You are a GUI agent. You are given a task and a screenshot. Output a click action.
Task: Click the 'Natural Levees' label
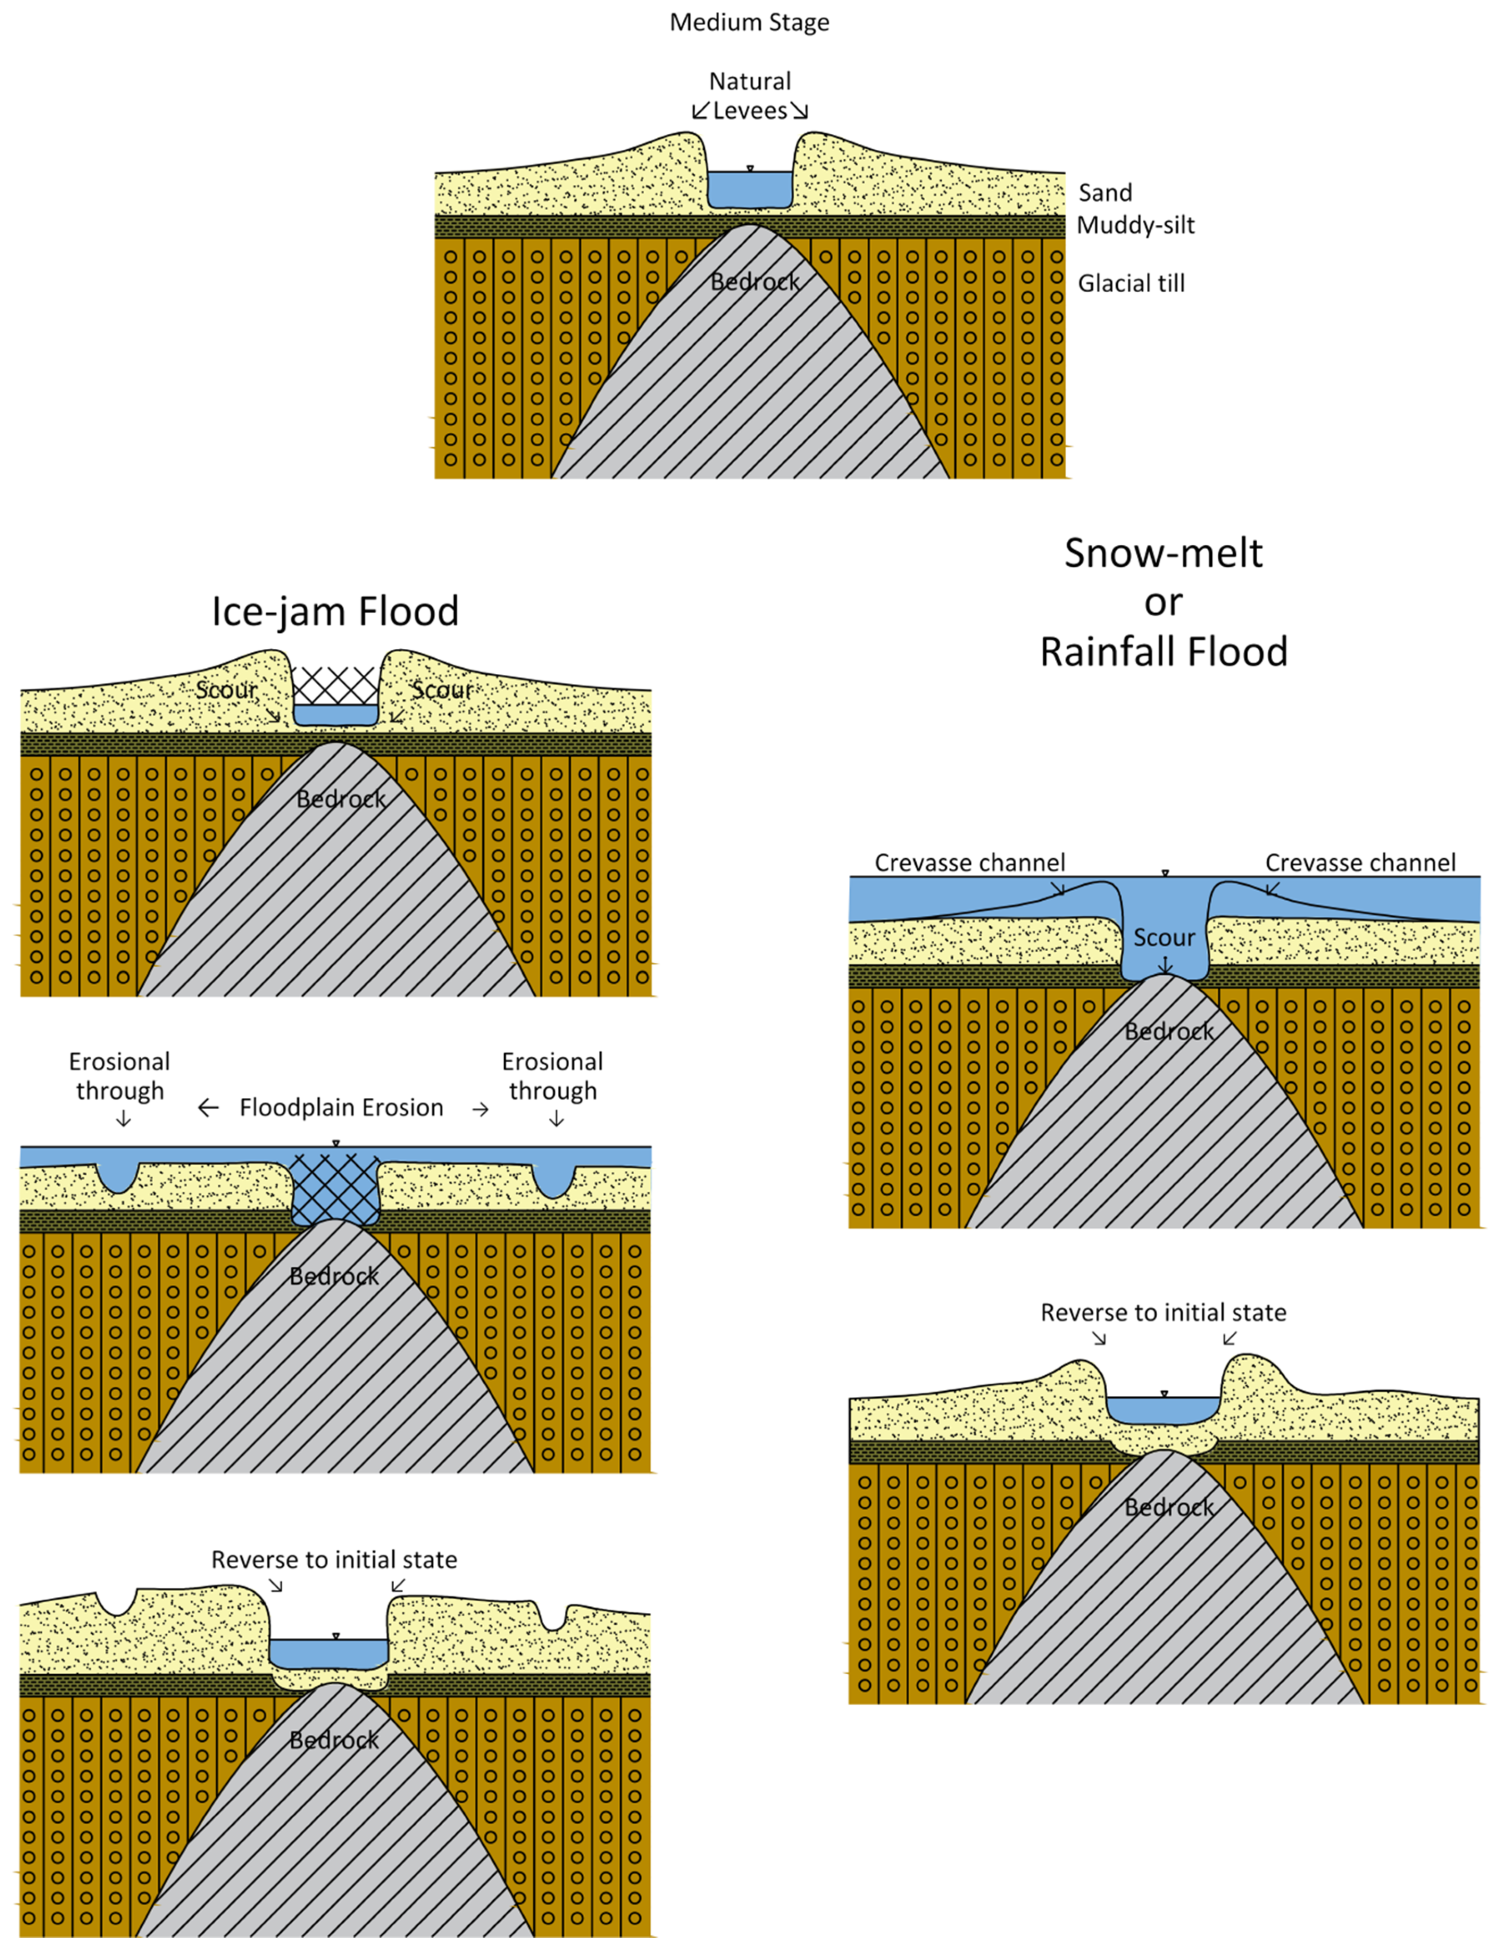750,96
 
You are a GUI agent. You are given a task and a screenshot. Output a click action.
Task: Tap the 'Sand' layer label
1105,193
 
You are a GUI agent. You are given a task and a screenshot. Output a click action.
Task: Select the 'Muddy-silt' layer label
1135,225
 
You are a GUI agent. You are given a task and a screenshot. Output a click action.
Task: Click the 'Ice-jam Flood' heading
334,611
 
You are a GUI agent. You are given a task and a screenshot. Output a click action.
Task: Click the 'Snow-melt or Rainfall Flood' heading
1163,602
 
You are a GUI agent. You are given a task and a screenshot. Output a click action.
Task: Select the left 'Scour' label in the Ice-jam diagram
226,690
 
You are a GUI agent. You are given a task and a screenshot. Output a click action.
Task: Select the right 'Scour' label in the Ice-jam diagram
441,690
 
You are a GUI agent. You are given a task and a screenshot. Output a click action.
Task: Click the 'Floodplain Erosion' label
341,1108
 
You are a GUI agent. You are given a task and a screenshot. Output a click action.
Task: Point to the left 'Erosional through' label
119,1076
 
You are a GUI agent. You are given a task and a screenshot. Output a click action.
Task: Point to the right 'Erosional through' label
553,1076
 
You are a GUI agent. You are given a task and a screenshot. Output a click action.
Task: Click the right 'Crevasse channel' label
1360,863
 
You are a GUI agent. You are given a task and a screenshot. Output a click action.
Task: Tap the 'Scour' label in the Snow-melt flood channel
1163,937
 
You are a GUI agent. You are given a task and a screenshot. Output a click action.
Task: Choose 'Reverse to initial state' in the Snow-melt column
1163,1313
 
